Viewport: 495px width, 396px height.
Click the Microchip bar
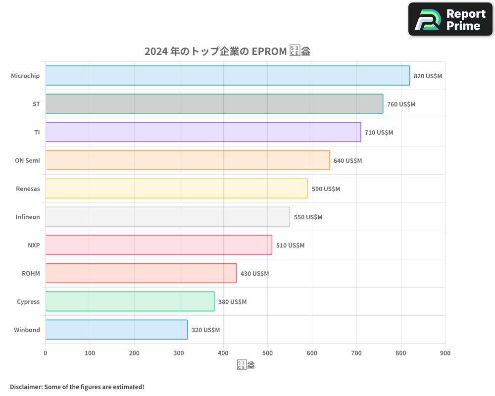click(x=228, y=76)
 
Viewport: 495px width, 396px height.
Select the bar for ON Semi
click(x=188, y=160)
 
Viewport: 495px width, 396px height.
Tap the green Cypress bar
click(x=130, y=301)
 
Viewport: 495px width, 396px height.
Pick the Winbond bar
click(x=116, y=330)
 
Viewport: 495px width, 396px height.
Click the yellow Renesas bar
click(x=176, y=189)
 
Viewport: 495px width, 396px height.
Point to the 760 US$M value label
click(x=401, y=104)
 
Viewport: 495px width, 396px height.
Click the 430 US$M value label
click(x=254, y=274)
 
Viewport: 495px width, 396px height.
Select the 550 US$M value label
click(x=308, y=217)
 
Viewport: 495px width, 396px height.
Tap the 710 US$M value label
click(x=379, y=133)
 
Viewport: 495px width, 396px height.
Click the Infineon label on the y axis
click(x=27, y=217)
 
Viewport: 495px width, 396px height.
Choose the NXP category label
click(x=34, y=246)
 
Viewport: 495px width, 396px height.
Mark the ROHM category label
click(x=31, y=274)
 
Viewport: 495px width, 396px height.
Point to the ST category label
click(x=36, y=104)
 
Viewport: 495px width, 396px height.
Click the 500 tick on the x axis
click(x=267, y=353)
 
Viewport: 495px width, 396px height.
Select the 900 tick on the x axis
click(x=445, y=353)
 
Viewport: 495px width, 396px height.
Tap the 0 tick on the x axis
click(x=46, y=353)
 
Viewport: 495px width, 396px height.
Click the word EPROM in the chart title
click(x=269, y=51)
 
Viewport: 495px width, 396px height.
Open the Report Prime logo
click(x=450, y=19)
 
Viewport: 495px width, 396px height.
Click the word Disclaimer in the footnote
click(x=26, y=387)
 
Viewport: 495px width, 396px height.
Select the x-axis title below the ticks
click(x=246, y=366)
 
